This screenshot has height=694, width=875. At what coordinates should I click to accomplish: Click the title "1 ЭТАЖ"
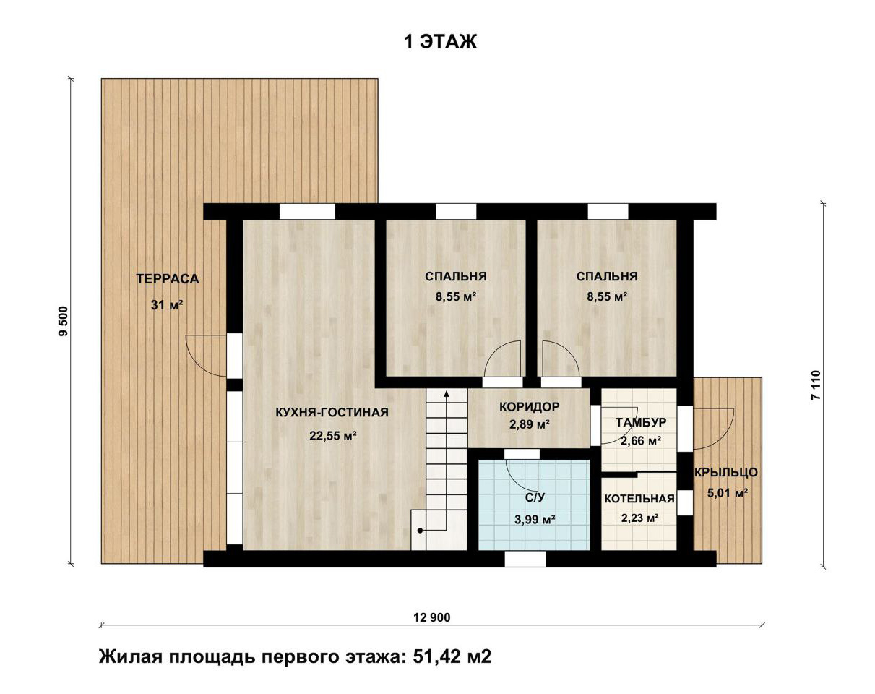click(x=440, y=42)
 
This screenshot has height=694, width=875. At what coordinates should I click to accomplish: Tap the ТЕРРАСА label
click(x=168, y=279)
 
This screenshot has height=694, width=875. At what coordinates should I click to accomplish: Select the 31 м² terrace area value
click(x=167, y=304)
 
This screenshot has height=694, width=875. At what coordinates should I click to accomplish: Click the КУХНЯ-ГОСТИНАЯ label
click(x=332, y=412)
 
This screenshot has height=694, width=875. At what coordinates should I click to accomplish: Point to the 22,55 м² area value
click(x=333, y=436)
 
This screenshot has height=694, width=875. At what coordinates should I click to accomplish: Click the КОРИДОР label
click(x=530, y=406)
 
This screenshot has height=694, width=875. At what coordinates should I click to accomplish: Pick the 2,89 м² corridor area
click(x=530, y=424)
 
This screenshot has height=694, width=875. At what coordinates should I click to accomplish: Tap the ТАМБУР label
click(x=641, y=423)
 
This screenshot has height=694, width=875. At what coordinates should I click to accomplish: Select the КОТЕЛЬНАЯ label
click(x=639, y=499)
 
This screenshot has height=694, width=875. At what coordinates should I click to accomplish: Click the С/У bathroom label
click(x=535, y=497)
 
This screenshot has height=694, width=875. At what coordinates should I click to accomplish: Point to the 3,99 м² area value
click(x=535, y=520)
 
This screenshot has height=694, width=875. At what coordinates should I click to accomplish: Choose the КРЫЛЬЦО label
click(x=725, y=472)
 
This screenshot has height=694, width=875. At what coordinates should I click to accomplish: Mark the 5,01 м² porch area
click(x=728, y=494)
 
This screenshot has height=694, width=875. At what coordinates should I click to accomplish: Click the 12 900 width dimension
click(x=432, y=618)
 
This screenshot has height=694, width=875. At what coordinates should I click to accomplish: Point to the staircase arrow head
click(x=447, y=394)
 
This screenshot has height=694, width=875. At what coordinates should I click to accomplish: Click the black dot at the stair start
click(x=421, y=531)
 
